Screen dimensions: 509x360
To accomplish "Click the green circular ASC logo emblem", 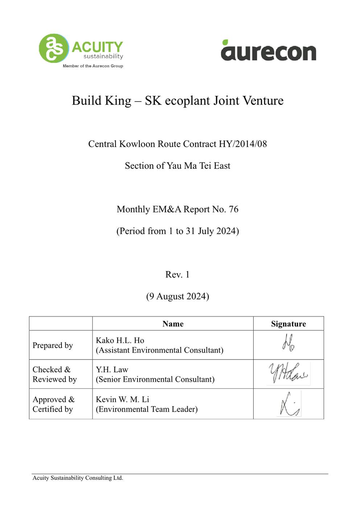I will [54, 48].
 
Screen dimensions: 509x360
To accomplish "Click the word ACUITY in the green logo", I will [97, 47].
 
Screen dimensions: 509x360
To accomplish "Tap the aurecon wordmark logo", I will [269, 51].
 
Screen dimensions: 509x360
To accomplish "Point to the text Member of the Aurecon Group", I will [93, 66].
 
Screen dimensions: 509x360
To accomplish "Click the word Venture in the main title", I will [263, 100].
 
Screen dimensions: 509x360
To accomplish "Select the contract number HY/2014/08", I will [243, 144].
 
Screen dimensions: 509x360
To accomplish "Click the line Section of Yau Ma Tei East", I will [177, 166].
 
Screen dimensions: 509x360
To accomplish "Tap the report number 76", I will [234, 209].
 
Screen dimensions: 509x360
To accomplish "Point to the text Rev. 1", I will [177, 275].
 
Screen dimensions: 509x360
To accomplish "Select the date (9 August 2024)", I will [177, 296].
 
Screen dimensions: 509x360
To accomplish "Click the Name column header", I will [173, 324].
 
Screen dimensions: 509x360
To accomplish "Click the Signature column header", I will [289, 324].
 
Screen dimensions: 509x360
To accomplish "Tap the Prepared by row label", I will [53, 345].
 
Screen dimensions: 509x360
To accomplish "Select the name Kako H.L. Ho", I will [120, 340].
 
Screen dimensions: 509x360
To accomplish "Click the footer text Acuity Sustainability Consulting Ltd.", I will [78, 478].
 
